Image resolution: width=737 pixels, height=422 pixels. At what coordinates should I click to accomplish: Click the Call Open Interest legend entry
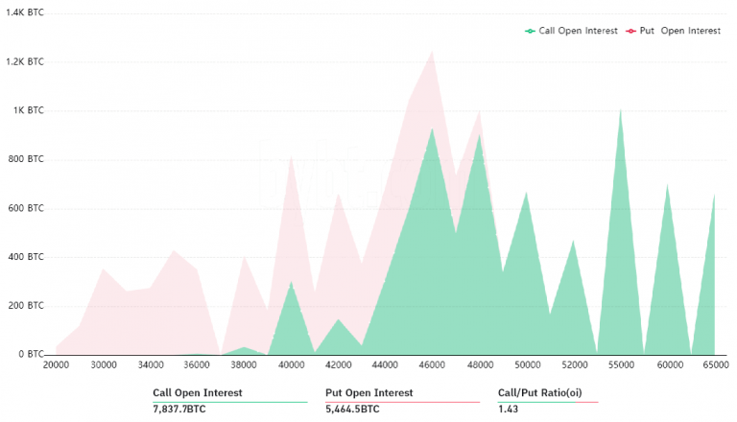572,31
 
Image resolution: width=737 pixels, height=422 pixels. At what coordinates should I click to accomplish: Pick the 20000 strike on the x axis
57,365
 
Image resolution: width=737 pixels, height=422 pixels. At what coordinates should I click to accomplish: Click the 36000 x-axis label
197,365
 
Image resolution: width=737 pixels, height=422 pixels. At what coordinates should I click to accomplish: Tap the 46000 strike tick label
432,365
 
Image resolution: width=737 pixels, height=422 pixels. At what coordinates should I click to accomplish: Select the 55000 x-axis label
621,365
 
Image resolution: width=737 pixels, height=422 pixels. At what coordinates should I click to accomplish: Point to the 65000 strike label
715,365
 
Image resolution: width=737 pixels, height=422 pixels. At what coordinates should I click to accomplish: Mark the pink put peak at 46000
433,51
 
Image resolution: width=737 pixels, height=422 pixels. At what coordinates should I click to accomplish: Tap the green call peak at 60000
667,184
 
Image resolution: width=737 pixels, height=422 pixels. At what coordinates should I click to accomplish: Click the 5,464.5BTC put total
352,409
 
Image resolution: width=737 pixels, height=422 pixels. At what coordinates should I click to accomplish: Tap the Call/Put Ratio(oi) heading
540,392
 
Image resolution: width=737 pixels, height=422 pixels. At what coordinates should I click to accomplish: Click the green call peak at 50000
526,193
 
